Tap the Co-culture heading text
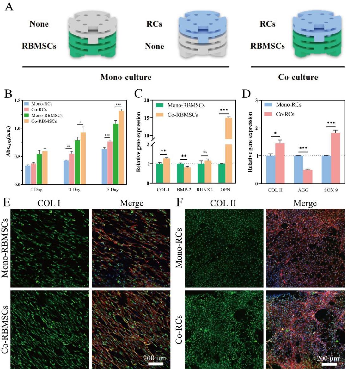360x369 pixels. click(x=298, y=77)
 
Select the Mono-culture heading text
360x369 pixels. click(x=126, y=77)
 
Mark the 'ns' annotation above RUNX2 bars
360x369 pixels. click(x=205, y=152)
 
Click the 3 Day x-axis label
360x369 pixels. click(x=75, y=190)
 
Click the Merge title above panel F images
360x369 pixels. click(x=305, y=203)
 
